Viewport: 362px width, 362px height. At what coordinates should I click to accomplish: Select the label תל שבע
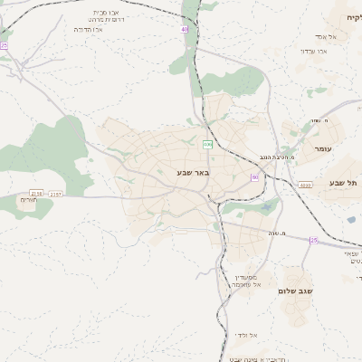pos(346,183)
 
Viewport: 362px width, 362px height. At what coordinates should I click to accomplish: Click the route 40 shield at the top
pos(184,29)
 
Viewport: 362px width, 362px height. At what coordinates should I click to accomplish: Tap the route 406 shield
pos(207,144)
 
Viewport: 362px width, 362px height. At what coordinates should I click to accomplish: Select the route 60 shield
pos(254,177)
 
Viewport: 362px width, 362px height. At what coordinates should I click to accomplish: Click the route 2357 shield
pos(56,194)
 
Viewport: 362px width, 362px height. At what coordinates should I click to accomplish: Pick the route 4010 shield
pos(305,185)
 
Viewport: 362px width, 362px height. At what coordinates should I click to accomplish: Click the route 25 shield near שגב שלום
pos(313,240)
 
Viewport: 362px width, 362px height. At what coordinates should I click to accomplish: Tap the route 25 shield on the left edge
pos(4,44)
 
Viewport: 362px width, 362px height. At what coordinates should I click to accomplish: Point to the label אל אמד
pos(321,36)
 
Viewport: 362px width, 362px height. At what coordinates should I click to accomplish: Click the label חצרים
pos(28,200)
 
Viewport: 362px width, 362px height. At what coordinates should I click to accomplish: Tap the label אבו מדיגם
pos(89,29)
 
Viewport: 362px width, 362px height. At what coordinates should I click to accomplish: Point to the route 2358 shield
pos(36,193)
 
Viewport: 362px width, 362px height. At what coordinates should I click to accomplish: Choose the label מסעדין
pos(247,275)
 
